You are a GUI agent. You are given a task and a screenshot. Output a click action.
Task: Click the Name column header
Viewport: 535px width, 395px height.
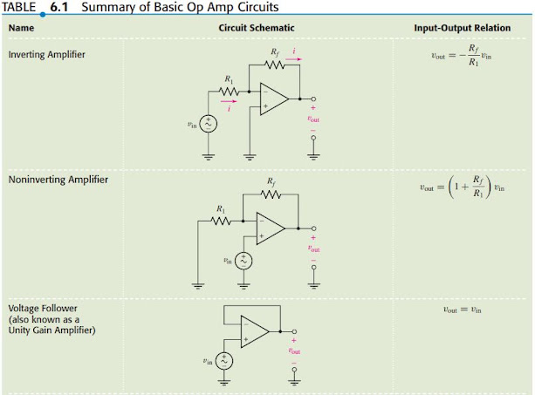coord(21,28)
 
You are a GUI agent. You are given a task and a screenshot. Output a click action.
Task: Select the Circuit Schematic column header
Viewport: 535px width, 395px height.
coord(253,28)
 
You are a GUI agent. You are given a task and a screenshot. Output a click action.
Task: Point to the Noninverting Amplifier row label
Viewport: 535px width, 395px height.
coord(54,180)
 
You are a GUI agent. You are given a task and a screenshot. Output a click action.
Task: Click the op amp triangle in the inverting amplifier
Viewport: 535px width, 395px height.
coord(274,98)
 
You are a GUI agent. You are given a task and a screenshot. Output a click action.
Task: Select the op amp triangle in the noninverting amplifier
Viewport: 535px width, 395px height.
coord(271,228)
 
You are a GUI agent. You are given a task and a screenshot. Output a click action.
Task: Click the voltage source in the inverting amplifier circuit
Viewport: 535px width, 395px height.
coord(207,124)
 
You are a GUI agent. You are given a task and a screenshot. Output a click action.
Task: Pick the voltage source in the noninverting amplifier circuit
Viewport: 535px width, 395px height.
coord(243,260)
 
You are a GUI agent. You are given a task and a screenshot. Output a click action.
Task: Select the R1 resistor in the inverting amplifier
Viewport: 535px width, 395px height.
coord(229,89)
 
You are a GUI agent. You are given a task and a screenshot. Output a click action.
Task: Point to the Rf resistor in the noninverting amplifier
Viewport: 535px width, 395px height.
coord(271,194)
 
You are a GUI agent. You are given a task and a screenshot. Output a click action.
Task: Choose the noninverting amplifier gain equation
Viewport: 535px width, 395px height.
coord(462,187)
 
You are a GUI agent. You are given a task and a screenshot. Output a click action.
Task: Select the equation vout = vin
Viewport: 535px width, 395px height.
coord(462,309)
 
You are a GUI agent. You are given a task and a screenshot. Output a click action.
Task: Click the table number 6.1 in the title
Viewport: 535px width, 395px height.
coord(59,7)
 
